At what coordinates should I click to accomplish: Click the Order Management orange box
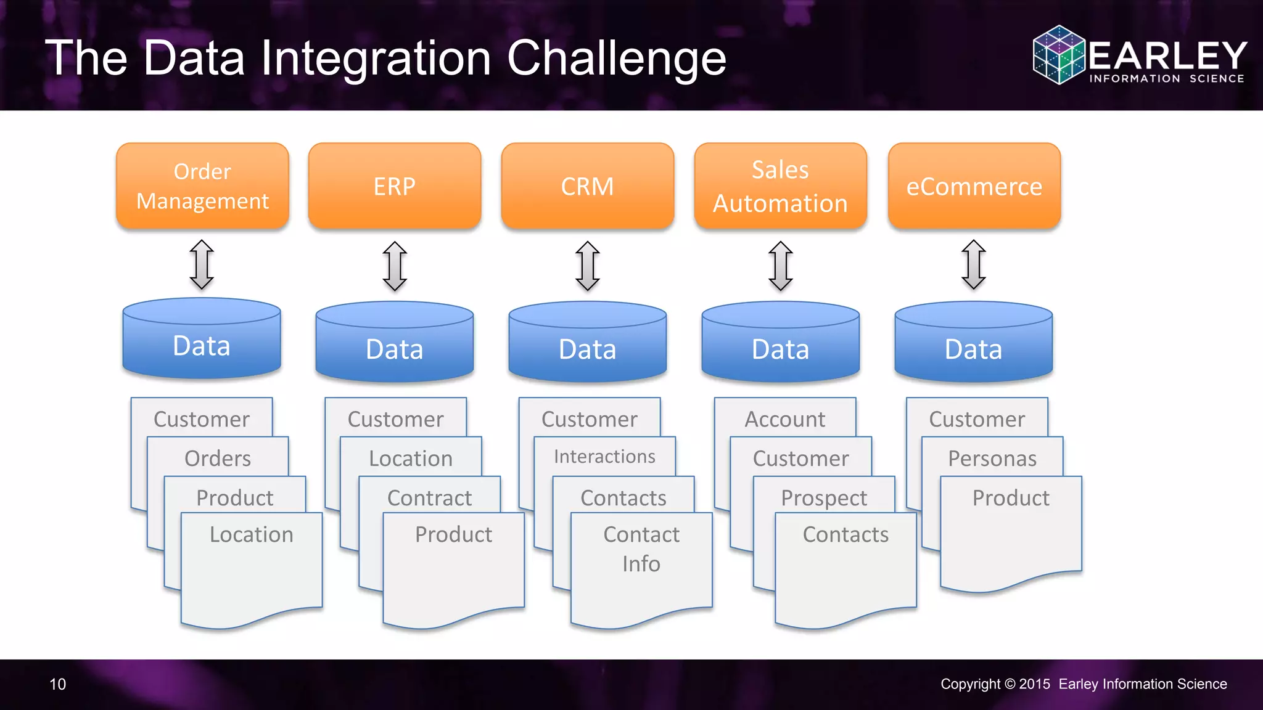(202, 186)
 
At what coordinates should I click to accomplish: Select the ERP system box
(395, 186)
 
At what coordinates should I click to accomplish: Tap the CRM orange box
(587, 186)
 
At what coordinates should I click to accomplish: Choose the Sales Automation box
(780, 186)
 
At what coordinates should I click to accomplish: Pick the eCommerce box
(974, 186)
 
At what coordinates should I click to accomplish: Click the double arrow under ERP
(395, 266)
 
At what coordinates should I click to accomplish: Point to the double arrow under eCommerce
(974, 264)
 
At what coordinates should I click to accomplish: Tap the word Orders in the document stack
(218, 459)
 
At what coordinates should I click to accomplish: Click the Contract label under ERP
(429, 498)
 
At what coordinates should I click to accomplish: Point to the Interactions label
(604, 457)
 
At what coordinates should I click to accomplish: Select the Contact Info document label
(641, 549)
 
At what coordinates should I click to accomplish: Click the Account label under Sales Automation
(784, 420)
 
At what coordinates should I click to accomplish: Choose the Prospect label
(824, 498)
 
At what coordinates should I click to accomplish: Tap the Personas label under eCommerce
(992, 459)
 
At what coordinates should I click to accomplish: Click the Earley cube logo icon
(1059, 55)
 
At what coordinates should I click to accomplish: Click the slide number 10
(57, 684)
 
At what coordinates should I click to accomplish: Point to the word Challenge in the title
(616, 59)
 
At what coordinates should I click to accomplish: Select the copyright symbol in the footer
(1010, 684)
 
